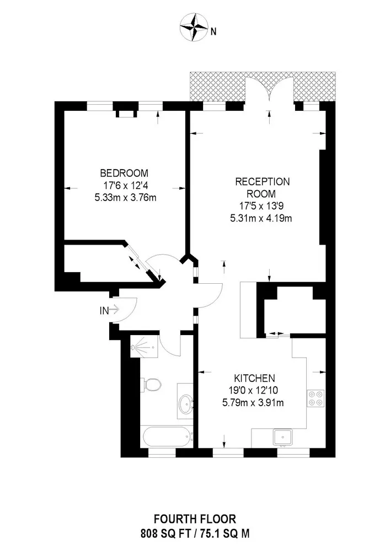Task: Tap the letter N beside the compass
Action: coord(213,31)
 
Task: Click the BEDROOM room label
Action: coord(124,172)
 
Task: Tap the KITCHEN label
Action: coord(254,379)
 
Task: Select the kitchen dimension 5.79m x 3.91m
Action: coord(254,403)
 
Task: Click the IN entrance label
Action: coord(104,311)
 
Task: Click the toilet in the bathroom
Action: coord(151,383)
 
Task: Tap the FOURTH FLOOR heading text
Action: coord(195,518)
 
